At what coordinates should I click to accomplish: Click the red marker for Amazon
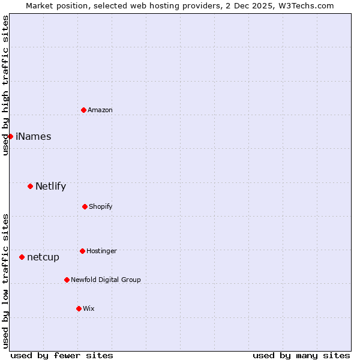(x=83, y=110)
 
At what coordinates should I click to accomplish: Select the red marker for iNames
(x=10, y=136)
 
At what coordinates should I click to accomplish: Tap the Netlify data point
(x=30, y=186)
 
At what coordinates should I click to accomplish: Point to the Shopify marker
(x=85, y=206)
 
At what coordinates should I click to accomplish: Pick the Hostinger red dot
(x=82, y=251)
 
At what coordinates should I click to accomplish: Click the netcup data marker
(x=22, y=257)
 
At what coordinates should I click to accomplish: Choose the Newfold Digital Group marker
(x=67, y=280)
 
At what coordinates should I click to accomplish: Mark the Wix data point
(x=79, y=308)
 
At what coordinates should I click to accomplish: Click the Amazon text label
(x=100, y=110)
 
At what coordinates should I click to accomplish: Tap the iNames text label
(x=34, y=136)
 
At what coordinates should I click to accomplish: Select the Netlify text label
(x=50, y=186)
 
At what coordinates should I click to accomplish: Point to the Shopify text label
(x=101, y=206)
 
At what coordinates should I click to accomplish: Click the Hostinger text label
(x=101, y=251)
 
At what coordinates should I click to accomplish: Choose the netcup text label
(x=43, y=257)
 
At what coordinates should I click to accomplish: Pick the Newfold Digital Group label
(x=106, y=280)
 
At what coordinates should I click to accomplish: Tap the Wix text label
(x=89, y=308)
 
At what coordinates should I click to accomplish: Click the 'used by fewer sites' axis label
(x=62, y=355)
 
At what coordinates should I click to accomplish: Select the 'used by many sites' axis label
(x=301, y=355)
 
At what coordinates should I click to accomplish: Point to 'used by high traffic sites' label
(x=5, y=85)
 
